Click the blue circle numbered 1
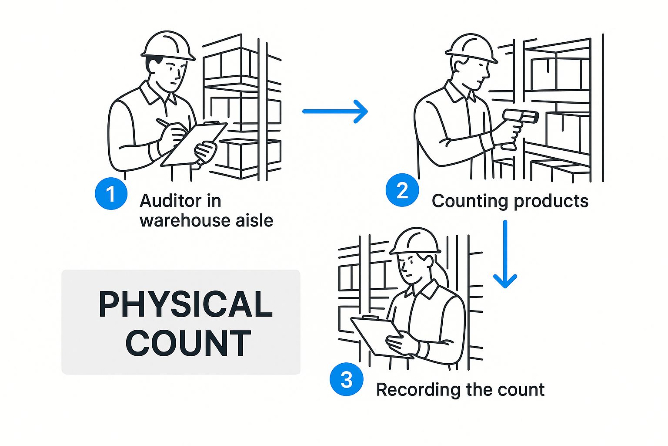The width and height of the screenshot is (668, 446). (x=111, y=193)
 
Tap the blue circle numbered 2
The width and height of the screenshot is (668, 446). (x=402, y=190)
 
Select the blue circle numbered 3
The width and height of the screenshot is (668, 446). (x=346, y=379)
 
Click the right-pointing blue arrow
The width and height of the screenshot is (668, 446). (x=335, y=111)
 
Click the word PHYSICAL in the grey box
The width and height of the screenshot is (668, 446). (x=186, y=304)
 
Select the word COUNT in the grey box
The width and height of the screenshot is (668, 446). (x=188, y=343)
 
